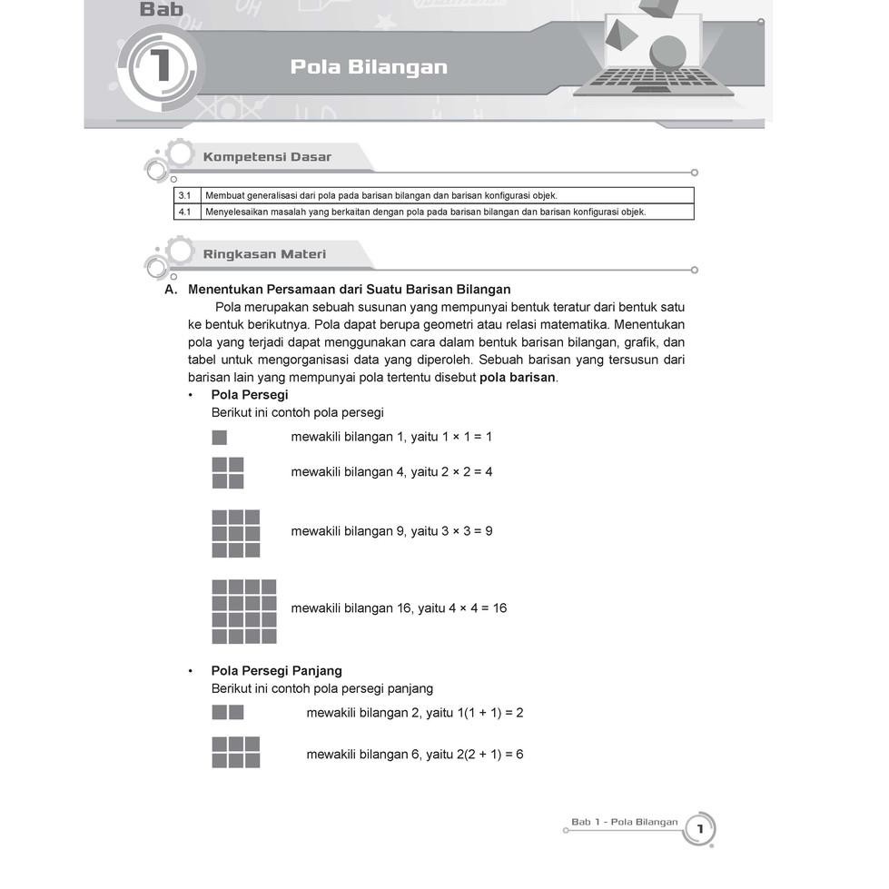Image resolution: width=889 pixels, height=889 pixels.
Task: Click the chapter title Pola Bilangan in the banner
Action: pyautogui.click(x=369, y=67)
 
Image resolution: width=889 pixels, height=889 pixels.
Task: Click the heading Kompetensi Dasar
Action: pyautogui.click(x=267, y=157)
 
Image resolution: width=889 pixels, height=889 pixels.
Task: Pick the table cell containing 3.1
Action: pyautogui.click(x=184, y=195)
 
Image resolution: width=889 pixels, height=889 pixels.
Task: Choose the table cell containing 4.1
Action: pyautogui.click(x=184, y=212)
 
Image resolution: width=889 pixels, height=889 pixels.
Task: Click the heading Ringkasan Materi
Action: pyautogui.click(x=264, y=254)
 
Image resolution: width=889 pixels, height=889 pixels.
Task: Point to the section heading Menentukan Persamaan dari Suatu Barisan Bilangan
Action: pyautogui.click(x=349, y=290)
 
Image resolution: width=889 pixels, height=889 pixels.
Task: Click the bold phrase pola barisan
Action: pyautogui.click(x=518, y=377)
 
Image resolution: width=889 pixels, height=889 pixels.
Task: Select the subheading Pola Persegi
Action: pyautogui.click(x=249, y=395)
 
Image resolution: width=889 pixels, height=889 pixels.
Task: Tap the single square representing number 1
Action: pyautogui.click(x=219, y=438)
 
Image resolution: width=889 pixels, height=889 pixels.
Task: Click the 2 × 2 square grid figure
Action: pyautogui.click(x=228, y=472)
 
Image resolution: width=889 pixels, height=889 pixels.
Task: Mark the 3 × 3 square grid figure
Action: pyautogui.click(x=236, y=533)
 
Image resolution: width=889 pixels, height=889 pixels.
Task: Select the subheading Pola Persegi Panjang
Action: pyautogui.click(x=276, y=671)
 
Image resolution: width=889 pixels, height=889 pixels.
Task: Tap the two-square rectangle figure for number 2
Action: pyautogui.click(x=228, y=712)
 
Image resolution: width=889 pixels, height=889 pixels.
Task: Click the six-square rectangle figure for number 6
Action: pyautogui.click(x=236, y=752)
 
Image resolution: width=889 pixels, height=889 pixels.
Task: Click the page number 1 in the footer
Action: pyautogui.click(x=700, y=829)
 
